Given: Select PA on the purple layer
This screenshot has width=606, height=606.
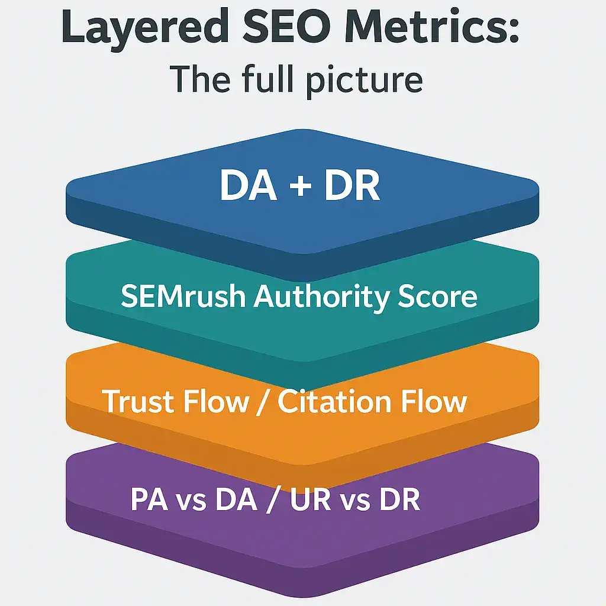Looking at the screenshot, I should [x=149, y=499].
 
